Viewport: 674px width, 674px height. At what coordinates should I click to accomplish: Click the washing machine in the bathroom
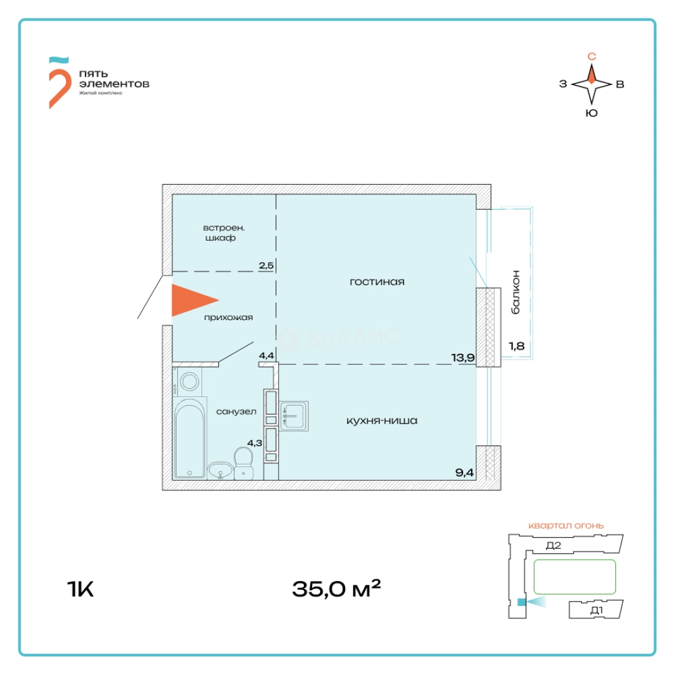point(188,381)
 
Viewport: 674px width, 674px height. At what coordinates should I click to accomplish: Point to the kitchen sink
point(294,416)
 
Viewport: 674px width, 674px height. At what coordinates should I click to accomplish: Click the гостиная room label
point(377,282)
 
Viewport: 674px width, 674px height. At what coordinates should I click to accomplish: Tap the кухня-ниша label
point(382,421)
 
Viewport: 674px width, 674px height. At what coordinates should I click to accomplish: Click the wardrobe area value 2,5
point(266,265)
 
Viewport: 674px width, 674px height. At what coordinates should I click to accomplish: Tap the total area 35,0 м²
point(336,588)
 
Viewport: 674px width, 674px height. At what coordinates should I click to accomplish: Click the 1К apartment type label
point(80,589)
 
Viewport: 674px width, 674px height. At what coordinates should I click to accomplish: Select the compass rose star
point(592,84)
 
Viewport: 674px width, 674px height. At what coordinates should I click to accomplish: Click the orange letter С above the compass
point(592,57)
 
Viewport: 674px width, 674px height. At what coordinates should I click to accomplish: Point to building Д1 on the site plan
point(596,610)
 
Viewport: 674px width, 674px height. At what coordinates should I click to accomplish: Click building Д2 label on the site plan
point(554,546)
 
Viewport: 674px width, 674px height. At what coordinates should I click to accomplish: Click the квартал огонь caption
point(565,525)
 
